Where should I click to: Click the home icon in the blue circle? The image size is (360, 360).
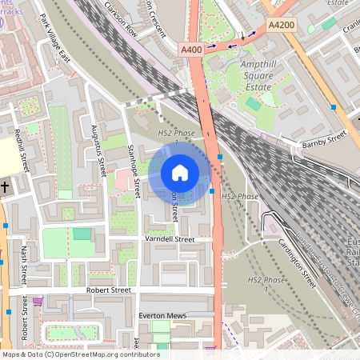pos(180,173)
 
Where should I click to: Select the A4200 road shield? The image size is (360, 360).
pos(281,26)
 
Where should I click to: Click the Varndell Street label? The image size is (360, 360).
pos(170,239)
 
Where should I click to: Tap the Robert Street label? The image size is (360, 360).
pos(108,290)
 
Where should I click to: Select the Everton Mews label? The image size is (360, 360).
pos(162,316)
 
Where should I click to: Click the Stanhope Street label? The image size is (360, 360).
pos(134,171)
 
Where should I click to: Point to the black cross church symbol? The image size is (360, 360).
pos(5,186)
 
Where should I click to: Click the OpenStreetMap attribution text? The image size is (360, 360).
pos(80,354)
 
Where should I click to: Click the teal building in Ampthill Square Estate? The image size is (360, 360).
pos(254,104)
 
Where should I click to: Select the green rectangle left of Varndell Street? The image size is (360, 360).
pos(82,234)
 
